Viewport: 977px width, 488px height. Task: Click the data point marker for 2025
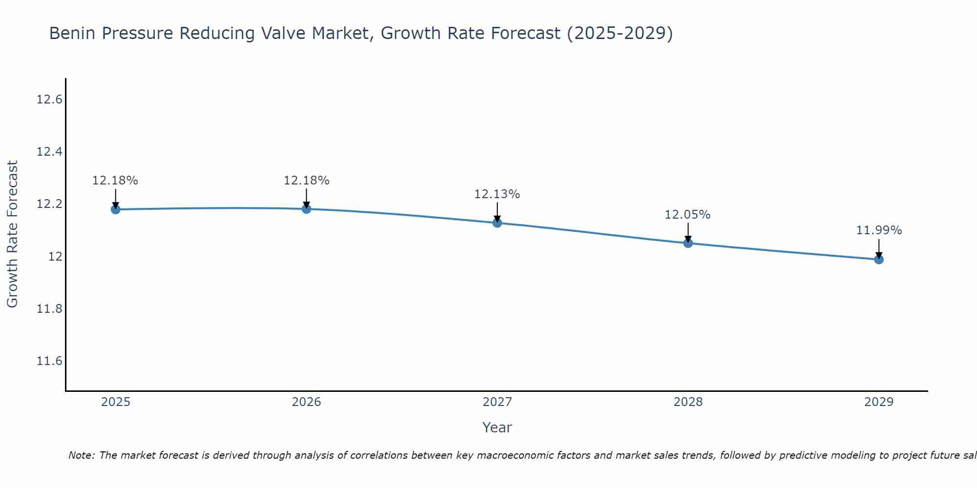116,209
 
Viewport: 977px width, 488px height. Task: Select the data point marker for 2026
306,209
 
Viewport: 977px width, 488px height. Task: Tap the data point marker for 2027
497,223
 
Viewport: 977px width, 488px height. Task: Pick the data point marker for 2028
688,243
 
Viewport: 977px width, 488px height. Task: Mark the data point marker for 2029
879,259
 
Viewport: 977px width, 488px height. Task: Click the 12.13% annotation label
497,194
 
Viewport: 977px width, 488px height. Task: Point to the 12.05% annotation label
687,215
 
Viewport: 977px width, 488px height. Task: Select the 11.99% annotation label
878,230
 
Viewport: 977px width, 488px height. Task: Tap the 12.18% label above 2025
115,181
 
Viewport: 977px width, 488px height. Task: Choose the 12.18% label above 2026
306,181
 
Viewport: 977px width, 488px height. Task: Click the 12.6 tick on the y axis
49,100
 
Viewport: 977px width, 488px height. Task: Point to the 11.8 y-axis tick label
49,309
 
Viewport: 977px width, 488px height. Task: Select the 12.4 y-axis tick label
49,152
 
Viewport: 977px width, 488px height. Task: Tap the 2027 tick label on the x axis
497,402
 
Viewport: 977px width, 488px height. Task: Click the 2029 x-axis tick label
879,402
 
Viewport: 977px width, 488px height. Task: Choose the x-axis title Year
497,427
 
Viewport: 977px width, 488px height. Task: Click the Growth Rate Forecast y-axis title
12,234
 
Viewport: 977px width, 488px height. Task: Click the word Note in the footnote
81,455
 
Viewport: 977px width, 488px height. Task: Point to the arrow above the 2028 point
688,231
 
